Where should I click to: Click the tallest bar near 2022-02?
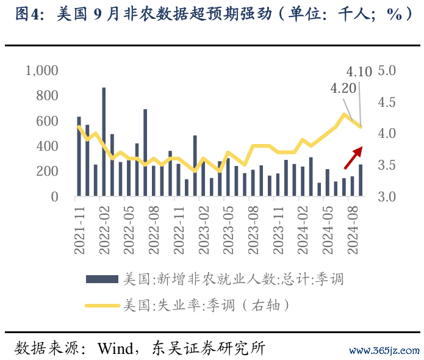pos(104,142)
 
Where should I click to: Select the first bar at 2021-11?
pos(79,157)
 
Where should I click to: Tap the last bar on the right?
pos(361,181)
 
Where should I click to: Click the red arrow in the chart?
pos(354,157)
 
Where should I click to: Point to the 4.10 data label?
pos(359,72)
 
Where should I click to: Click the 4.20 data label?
pos(343,88)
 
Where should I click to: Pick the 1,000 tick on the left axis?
pos(41,71)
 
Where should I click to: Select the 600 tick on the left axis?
pos(47,121)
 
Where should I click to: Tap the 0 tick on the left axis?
pos(54,197)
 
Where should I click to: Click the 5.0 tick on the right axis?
pos(387,71)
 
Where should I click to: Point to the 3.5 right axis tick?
pos(387,165)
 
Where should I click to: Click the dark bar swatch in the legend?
pos(102,279)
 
